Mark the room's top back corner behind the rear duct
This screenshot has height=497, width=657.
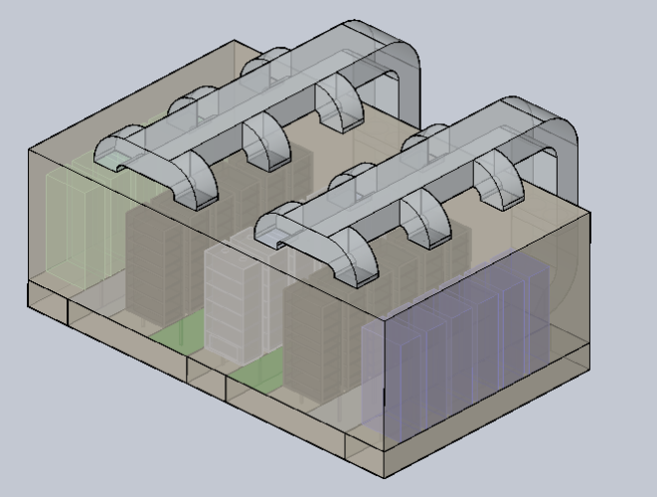pyautogui.click(x=236, y=42)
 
